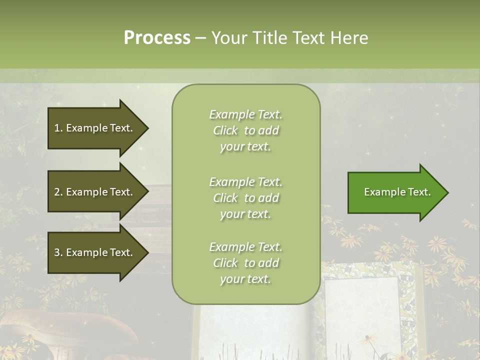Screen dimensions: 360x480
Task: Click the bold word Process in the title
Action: pyautogui.click(x=157, y=38)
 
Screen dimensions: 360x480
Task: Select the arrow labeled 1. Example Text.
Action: pyautogui.click(x=95, y=128)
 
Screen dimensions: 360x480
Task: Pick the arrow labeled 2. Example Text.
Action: pyautogui.click(x=95, y=192)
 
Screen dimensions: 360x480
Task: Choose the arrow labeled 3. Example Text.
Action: pyautogui.click(x=95, y=252)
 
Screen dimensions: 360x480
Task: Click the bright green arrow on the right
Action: pyautogui.click(x=395, y=192)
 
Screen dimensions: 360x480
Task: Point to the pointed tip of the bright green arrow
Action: pyautogui.click(x=446, y=192)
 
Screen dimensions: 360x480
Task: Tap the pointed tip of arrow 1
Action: pyautogui.click(x=147, y=128)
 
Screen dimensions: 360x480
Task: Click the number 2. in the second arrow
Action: pyautogui.click(x=58, y=192)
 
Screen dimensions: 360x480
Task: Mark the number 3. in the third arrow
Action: pyautogui.click(x=58, y=252)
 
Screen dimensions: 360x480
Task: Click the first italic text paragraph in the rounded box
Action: pyautogui.click(x=245, y=130)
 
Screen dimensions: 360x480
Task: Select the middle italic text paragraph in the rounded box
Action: pyautogui.click(x=245, y=198)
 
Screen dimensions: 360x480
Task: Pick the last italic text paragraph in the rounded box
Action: pyautogui.click(x=245, y=263)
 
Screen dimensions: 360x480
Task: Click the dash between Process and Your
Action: pyautogui.click(x=201, y=38)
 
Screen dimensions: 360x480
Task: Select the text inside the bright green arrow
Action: pyautogui.click(x=397, y=192)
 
